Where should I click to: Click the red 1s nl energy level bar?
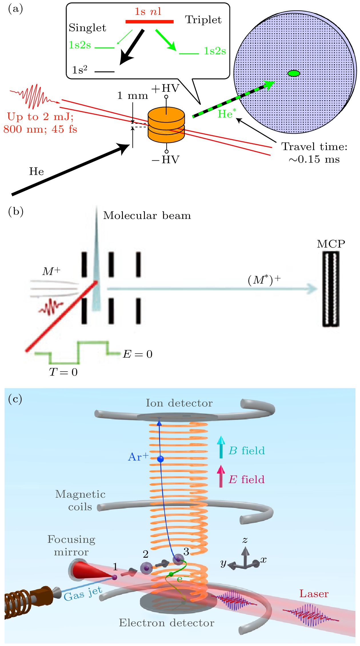pyautogui.click(x=149, y=21)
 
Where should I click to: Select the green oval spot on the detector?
pyautogui.click(x=293, y=73)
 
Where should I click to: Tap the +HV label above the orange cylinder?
pyautogui.click(x=165, y=89)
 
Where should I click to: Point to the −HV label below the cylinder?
pyautogui.click(x=165, y=159)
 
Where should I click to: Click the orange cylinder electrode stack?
pyautogui.click(x=166, y=126)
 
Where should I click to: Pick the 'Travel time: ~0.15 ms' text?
pyautogui.click(x=314, y=153)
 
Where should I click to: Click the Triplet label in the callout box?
pyautogui.click(x=203, y=20)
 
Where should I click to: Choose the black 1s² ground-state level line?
pyautogui.click(x=104, y=71)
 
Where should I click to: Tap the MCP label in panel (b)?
pyautogui.click(x=331, y=244)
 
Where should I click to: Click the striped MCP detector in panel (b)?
pyautogui.click(x=331, y=289)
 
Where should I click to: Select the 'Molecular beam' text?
pyautogui.click(x=147, y=216)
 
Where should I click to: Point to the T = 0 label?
pyautogui.click(x=63, y=372)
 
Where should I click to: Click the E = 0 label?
pyautogui.click(x=138, y=354)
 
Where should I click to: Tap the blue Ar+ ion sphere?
pyautogui.click(x=161, y=459)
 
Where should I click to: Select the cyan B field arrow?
pyautogui.click(x=221, y=447)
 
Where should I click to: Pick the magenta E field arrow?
pyautogui.click(x=221, y=476)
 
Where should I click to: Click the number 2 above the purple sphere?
pyautogui.click(x=146, y=554)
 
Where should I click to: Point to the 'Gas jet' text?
pyautogui.click(x=83, y=594)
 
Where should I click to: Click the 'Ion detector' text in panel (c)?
pyautogui.click(x=179, y=403)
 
